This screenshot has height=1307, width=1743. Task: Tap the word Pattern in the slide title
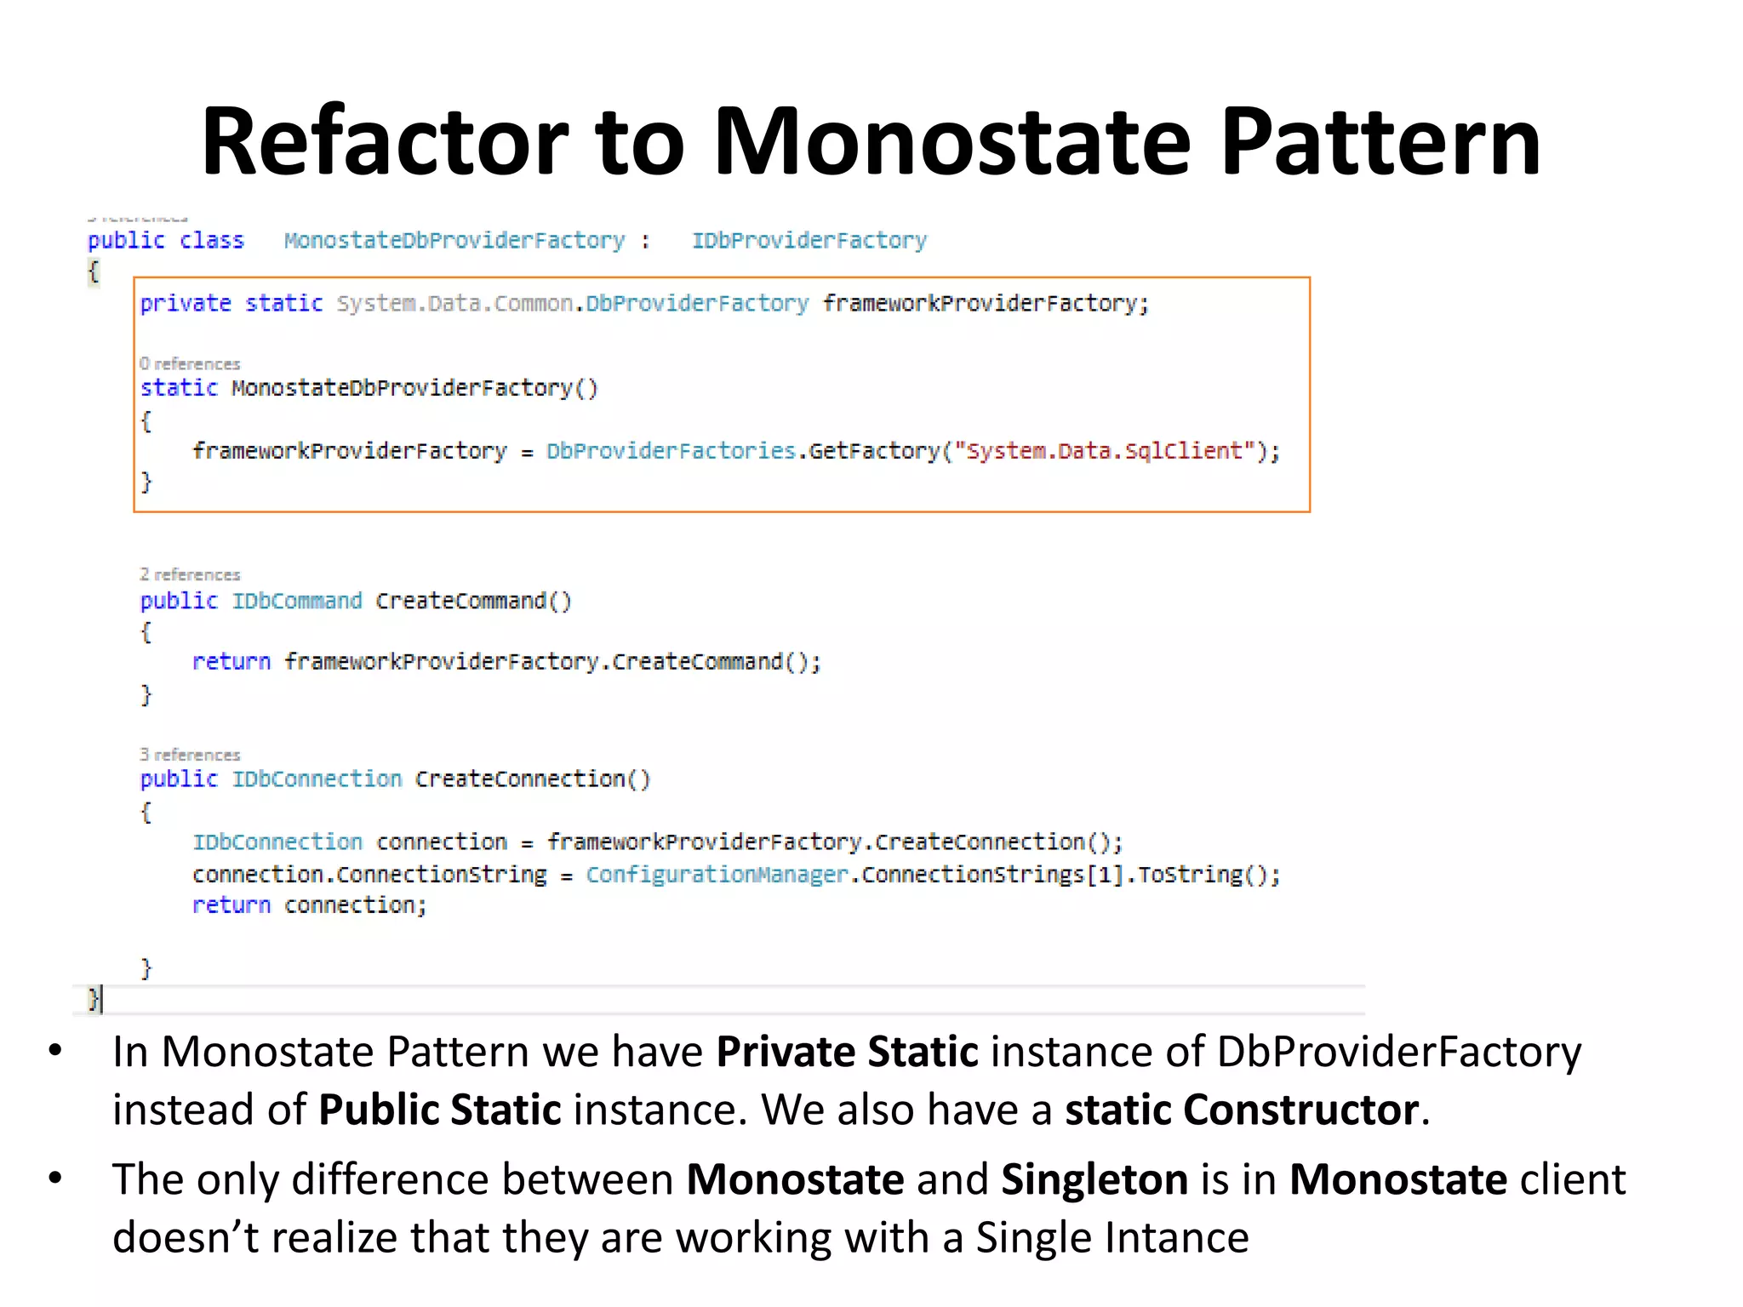1380,141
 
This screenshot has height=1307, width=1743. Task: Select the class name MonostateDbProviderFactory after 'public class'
454,241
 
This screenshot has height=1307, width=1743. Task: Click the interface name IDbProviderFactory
809,241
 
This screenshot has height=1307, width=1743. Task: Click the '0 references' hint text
190,364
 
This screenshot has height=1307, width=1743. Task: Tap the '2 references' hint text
190,575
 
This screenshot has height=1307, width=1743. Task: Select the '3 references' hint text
190,755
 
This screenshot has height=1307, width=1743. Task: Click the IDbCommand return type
297,602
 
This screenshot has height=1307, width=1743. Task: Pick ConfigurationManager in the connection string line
717,875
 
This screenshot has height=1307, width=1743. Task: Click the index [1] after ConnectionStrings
1105,875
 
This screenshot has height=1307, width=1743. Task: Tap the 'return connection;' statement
309,905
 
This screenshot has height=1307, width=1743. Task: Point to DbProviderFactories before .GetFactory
671,451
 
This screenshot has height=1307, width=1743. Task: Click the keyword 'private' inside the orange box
186,304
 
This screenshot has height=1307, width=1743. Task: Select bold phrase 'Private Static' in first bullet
847,1053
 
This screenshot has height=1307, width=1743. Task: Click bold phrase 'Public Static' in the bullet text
440,1110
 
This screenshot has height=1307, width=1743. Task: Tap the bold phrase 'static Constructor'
1242,1110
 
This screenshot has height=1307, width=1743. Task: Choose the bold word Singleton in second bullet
1094,1180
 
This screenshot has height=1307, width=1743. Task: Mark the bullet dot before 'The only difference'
56,1179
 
